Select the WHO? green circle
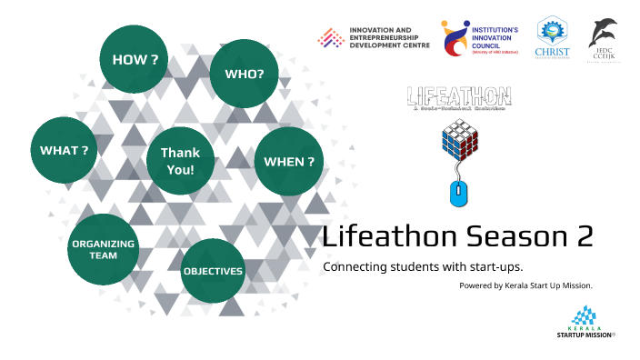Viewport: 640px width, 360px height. [x=244, y=73]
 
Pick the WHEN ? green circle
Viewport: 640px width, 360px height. [x=289, y=162]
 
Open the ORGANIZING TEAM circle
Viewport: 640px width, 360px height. [x=104, y=249]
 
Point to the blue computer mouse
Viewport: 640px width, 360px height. [x=460, y=193]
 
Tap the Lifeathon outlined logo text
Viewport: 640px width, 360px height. [x=459, y=95]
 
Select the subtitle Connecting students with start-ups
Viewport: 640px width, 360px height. [x=396, y=267]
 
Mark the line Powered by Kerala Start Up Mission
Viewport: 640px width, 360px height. [x=525, y=285]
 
